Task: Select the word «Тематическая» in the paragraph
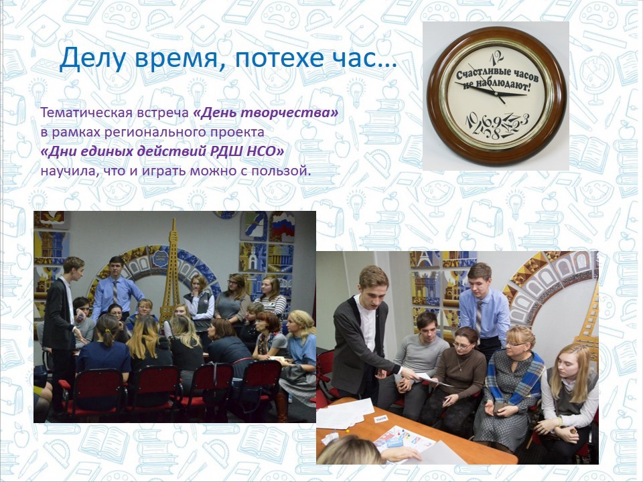click(86, 112)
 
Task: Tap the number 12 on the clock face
click(496, 56)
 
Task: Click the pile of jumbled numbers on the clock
click(496, 126)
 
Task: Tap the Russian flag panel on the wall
click(282, 227)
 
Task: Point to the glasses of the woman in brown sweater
click(462, 345)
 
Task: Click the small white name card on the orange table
click(380, 419)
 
